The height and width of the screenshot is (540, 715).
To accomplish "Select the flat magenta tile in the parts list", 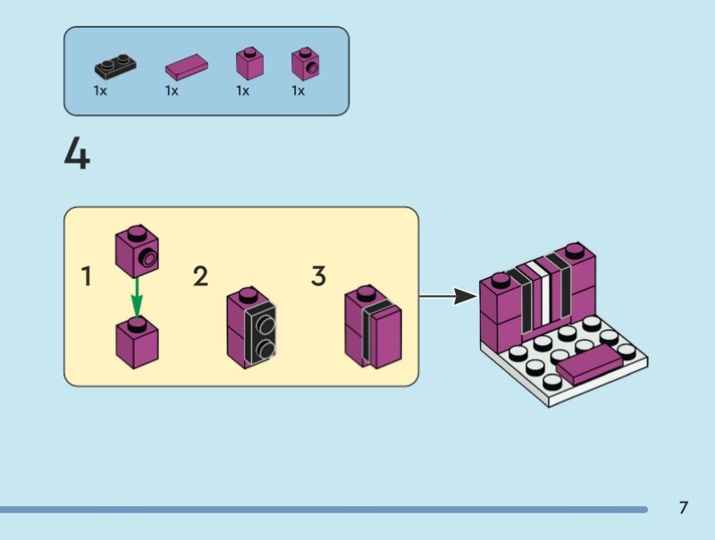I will point(187,66).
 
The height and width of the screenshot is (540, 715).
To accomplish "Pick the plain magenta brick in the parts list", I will point(249,63).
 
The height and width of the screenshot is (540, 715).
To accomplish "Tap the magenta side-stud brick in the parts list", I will point(306,63).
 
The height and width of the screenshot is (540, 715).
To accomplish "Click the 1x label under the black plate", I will point(101,90).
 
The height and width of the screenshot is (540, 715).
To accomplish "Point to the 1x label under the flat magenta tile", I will point(172,90).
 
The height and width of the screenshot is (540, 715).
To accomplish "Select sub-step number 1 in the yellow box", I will point(87,277).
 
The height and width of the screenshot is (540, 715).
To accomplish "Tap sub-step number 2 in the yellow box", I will point(201,277).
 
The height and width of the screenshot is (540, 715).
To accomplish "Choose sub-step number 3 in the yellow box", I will point(318,277).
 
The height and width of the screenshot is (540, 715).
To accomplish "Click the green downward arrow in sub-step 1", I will point(135,295).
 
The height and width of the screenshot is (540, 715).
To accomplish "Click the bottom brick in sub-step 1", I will point(137,343).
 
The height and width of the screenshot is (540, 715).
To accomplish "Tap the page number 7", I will point(684,508).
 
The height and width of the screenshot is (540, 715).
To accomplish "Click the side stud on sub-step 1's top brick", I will point(146,259).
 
